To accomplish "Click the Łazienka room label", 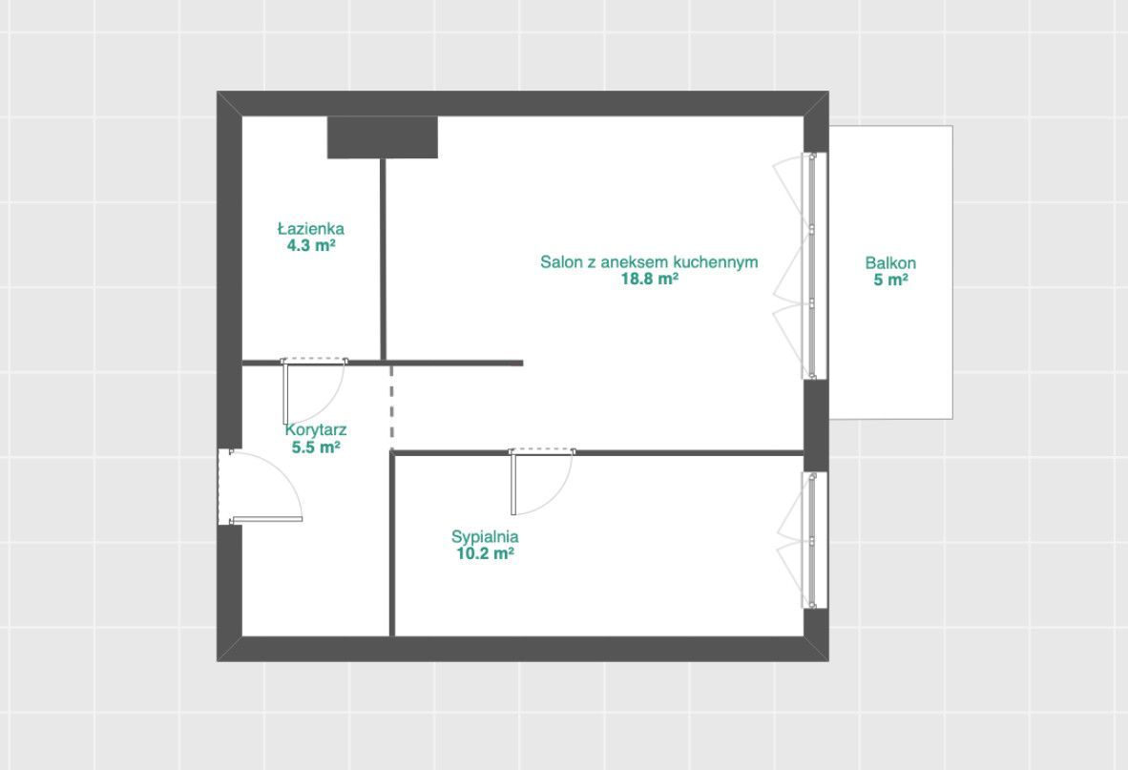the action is coord(311,229).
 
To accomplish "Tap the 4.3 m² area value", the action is coord(311,245).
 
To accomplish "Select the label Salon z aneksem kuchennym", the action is coord(649,261).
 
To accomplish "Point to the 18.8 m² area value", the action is coord(650,279).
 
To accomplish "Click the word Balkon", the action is coord(890,263).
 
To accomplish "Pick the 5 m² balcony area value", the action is coord(890,280).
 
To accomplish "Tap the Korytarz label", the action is coord(316,430).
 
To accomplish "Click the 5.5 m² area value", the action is coord(316,447).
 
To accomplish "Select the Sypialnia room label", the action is coord(485,536).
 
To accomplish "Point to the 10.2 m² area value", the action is coord(485,553).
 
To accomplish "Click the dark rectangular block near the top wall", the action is coord(383,136).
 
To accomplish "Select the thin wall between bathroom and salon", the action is coord(383,259).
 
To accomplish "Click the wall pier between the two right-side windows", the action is coord(816,426).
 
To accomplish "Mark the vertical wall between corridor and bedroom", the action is coord(392,544).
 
